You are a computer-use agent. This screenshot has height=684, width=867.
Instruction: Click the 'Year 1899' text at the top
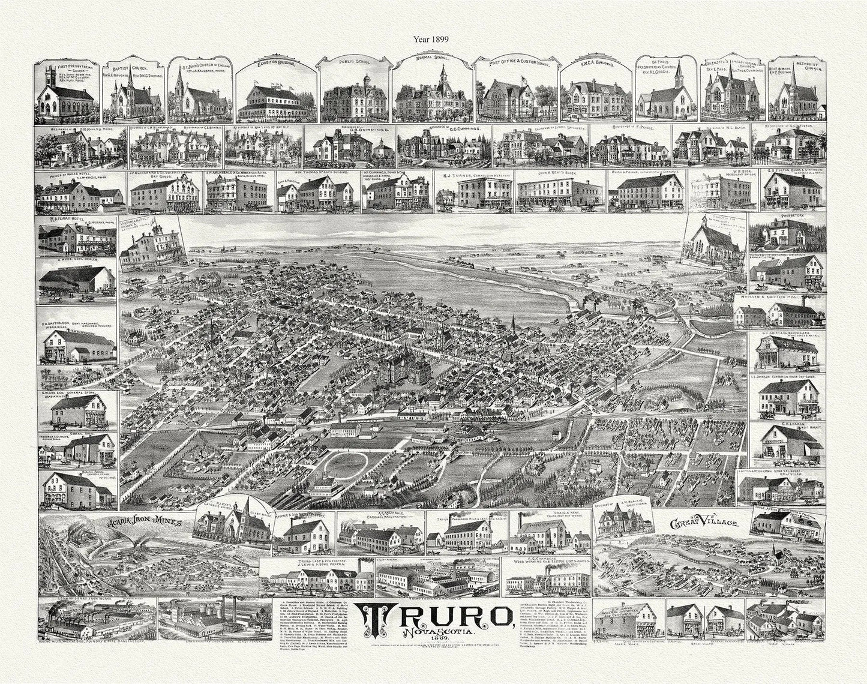434,38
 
